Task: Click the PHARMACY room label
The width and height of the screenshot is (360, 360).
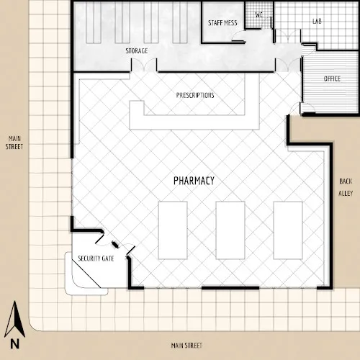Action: coord(194,180)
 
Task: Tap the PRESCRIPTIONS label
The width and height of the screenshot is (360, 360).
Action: coord(195,95)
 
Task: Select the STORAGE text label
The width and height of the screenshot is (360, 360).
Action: coord(137,51)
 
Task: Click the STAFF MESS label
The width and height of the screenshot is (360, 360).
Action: coord(222,23)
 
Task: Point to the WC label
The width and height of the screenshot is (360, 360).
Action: coord(258,14)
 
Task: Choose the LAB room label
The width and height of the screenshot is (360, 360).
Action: coord(316,22)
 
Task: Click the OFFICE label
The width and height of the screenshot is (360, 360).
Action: coord(332,78)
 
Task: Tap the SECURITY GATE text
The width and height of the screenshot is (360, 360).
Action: coord(96,258)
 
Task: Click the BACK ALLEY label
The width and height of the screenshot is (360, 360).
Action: coord(346,187)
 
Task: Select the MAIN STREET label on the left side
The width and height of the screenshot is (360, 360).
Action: coord(14,142)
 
